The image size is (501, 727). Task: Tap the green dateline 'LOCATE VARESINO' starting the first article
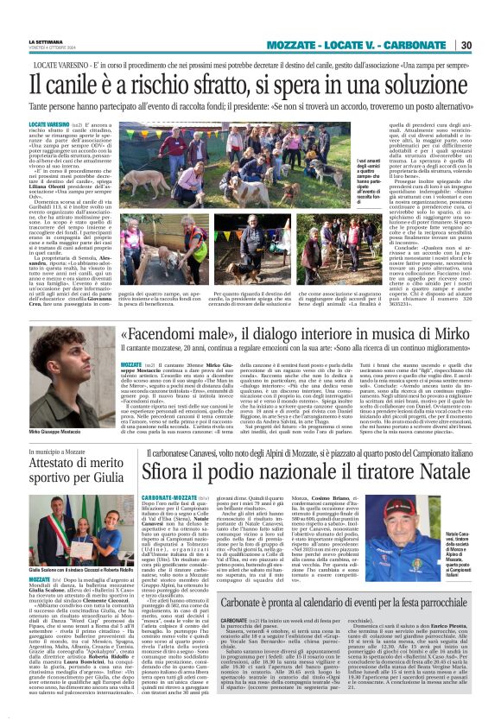tap(49, 124)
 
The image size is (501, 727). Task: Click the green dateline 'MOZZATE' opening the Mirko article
tap(131, 365)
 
